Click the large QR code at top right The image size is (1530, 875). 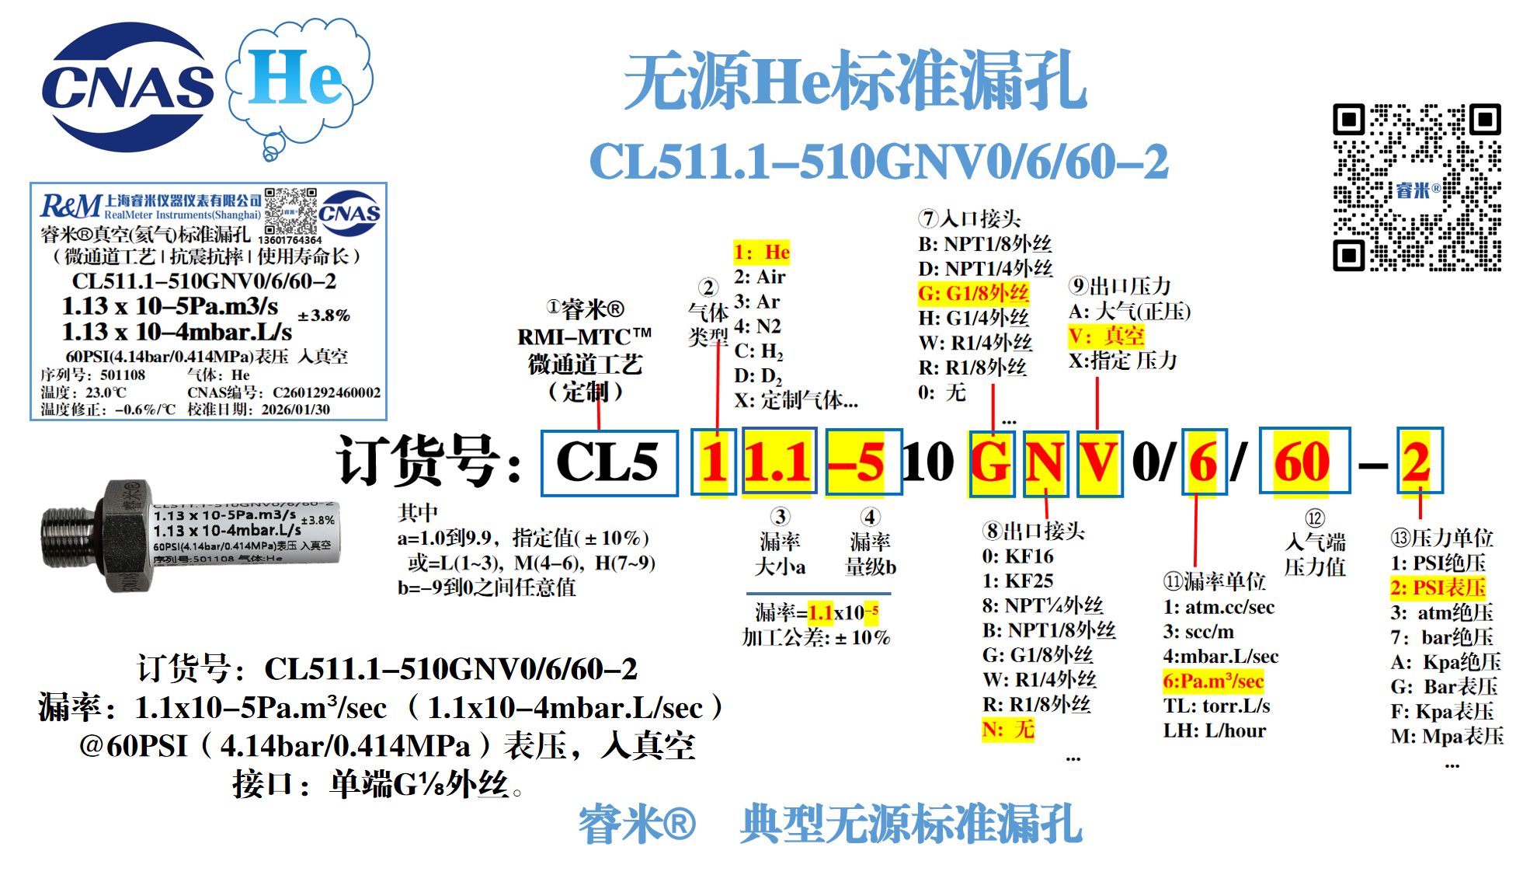click(x=1417, y=187)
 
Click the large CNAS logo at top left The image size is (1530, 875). click(x=127, y=87)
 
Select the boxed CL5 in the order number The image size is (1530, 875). click(x=609, y=462)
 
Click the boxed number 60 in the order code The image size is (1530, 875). click(x=1303, y=462)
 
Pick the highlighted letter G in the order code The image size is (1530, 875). click(x=991, y=463)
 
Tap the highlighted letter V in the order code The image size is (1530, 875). click(x=1099, y=463)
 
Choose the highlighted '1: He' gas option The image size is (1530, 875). click(x=762, y=252)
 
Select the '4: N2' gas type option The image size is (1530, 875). click(x=758, y=326)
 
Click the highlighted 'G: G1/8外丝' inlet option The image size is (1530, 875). click(x=973, y=293)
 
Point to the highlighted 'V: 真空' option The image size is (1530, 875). click(x=1106, y=336)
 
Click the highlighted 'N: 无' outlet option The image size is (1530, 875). click(x=1008, y=729)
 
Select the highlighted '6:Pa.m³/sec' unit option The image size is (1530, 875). click(x=1212, y=682)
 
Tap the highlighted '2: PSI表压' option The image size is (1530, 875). click(x=1438, y=587)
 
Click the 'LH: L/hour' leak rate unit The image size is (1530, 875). click(x=1214, y=730)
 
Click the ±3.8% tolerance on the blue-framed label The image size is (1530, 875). click(x=324, y=315)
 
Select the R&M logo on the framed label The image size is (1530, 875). click(x=71, y=206)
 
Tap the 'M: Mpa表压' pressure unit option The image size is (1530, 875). click(x=1447, y=736)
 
